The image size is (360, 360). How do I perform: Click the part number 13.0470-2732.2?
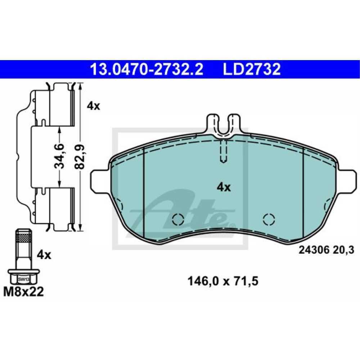(147, 69)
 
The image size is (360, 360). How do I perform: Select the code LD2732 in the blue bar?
(252, 69)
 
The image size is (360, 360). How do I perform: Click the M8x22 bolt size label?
(23, 292)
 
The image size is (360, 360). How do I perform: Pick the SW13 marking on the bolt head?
(24, 279)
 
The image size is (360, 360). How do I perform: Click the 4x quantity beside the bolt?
(44, 255)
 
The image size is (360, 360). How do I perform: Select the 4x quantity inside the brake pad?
(224, 187)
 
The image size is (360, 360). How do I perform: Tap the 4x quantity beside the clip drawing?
(94, 106)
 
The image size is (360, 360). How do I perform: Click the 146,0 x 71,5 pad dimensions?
(223, 281)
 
